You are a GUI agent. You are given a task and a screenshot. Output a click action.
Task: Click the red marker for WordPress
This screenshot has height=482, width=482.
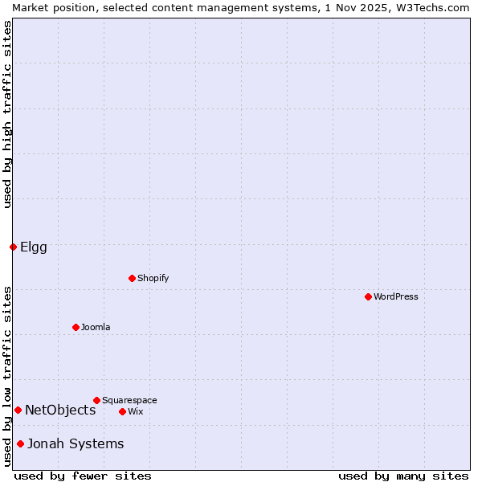coord(368,296)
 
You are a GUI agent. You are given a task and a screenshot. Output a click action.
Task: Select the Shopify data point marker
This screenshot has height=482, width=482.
coord(132,278)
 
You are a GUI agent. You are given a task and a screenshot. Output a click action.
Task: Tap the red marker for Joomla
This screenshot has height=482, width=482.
coord(76,327)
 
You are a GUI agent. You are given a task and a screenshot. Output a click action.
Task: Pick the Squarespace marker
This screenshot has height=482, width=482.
coord(96,400)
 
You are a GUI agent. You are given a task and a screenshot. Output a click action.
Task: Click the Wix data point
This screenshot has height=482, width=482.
coord(122,411)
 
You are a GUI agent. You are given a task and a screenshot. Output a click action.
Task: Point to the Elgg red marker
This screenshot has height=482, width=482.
coord(13,247)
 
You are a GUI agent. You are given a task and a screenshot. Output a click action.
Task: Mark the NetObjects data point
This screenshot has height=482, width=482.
coord(18,410)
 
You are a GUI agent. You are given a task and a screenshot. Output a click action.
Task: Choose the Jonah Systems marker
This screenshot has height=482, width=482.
coord(20,443)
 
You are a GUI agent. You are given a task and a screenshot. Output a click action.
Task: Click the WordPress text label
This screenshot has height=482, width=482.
coord(396,296)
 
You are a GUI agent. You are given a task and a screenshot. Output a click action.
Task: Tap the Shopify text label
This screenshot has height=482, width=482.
coord(153,278)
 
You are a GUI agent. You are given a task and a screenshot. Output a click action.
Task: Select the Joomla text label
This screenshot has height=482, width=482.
coord(96,327)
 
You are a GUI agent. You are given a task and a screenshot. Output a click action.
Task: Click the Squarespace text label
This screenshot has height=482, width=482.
coord(129,400)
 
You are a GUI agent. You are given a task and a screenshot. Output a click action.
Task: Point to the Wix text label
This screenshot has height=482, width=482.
coord(136,411)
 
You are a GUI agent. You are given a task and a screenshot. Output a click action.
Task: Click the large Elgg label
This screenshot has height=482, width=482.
coord(34,247)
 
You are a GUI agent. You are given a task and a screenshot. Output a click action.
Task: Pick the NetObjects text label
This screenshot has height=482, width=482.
coord(60,410)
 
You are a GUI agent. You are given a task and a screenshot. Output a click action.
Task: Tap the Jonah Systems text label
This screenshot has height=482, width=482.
coord(76,443)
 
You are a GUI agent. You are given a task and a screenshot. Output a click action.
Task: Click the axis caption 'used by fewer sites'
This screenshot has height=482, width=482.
coord(83,476)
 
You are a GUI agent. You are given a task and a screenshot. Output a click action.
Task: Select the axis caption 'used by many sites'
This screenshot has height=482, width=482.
coord(403,476)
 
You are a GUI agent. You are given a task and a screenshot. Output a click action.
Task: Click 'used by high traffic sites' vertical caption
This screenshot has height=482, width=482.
coord(7,114)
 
